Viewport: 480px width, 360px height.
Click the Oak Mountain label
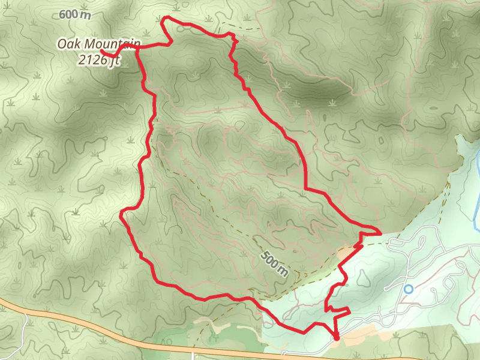tap(98, 44)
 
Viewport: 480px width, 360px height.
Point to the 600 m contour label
tap(76, 15)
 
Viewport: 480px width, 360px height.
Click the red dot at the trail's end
tap(336, 338)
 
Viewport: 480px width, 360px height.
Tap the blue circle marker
tap(409, 289)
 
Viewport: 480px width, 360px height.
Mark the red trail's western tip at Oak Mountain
tap(103, 52)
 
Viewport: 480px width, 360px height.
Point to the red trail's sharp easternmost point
tap(380, 232)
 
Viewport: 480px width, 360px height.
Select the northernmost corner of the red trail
tap(165, 19)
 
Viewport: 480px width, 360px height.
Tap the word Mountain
tap(112, 44)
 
